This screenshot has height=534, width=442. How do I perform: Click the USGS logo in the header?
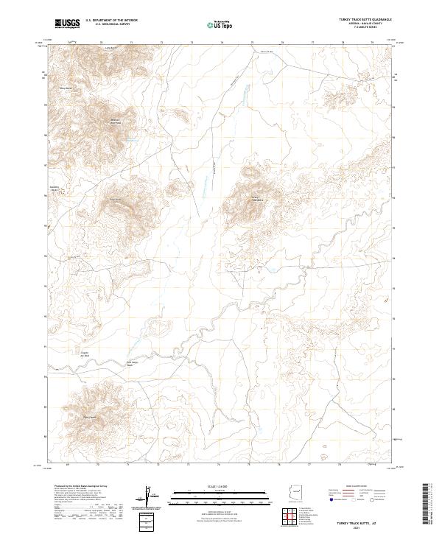point(69,24)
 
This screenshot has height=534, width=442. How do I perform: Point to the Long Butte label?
point(113,47)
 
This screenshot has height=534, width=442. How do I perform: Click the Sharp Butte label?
point(65,88)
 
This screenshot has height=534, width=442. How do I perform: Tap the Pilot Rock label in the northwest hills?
point(115,122)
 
